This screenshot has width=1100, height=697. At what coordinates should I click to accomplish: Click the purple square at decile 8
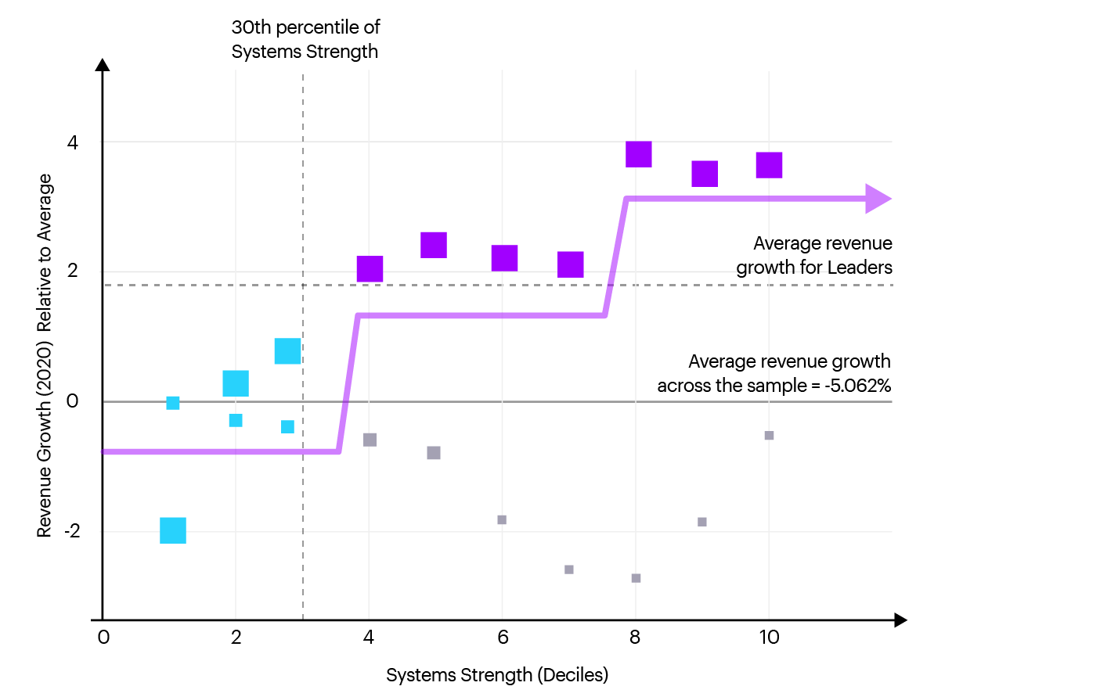point(639,154)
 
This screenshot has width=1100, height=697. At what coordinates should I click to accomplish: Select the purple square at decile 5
point(434,245)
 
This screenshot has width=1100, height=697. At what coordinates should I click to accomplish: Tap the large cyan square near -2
point(173,530)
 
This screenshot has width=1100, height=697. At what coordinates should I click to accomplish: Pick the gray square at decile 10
point(769,436)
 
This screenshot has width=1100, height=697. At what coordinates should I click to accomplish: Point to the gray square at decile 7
point(569,569)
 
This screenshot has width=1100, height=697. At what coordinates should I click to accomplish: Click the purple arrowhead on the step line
point(878,199)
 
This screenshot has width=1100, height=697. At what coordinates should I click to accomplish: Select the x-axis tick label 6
point(503,638)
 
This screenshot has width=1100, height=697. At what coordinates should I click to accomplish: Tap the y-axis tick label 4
point(73,142)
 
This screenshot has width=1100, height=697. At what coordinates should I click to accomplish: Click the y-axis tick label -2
point(72,531)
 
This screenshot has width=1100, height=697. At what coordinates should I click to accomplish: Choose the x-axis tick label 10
point(769,638)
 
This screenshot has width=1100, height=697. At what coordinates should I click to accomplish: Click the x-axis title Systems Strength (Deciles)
point(497,675)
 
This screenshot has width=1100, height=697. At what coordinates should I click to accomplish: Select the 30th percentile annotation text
point(305,39)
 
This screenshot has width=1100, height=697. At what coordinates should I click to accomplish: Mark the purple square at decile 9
point(705,174)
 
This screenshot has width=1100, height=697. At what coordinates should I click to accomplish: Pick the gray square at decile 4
point(370,440)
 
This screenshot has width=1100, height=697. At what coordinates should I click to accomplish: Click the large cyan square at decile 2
point(236,383)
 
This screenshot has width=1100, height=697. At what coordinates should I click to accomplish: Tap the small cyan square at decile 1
point(173,403)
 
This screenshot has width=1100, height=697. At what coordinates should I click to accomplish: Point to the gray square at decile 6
point(502,520)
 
